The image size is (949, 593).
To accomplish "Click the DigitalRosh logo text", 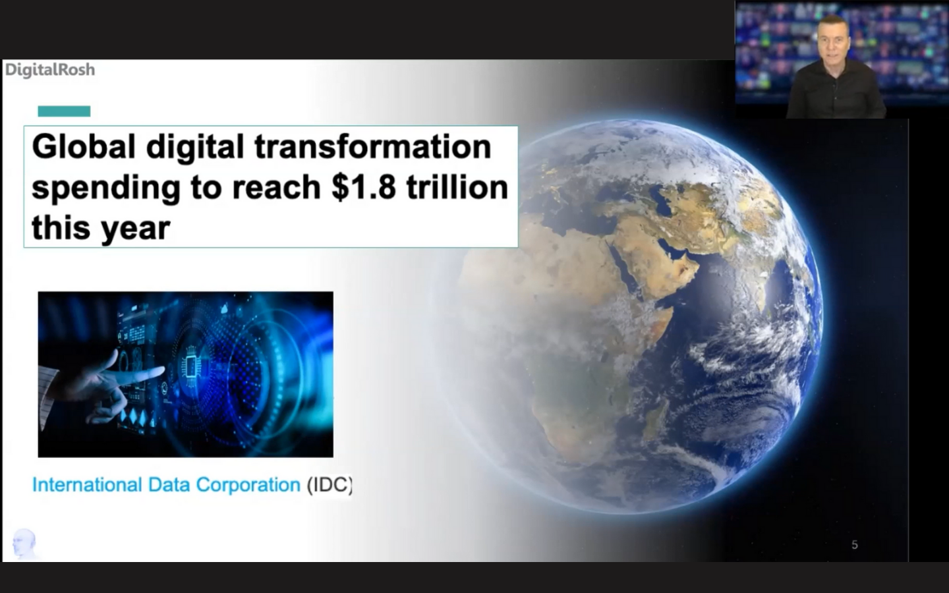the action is click(50, 70).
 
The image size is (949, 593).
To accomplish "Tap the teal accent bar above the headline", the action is click(64, 111).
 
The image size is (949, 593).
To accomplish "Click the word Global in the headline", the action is click(84, 146).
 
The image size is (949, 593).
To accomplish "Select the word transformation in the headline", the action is click(373, 146).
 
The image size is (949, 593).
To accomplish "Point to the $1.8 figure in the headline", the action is click(364, 187).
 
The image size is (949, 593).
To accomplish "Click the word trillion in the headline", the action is click(457, 187).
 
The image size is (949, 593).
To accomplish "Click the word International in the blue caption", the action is click(87, 484).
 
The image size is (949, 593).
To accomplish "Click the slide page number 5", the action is click(855, 545).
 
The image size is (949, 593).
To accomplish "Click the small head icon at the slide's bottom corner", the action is click(24, 544).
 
